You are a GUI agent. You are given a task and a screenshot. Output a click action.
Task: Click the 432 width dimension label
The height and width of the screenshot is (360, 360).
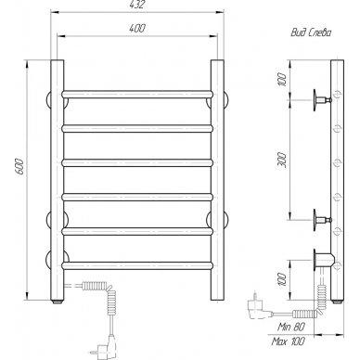(x=137, y=5)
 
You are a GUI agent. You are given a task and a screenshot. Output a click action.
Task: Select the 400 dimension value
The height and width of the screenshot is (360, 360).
(x=137, y=28)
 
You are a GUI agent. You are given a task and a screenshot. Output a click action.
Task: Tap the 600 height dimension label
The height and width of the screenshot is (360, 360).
(x=19, y=167)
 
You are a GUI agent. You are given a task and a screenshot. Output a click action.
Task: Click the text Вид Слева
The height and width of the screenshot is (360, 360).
(x=311, y=32)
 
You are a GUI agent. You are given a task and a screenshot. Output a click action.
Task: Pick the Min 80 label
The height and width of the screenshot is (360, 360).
(x=291, y=327)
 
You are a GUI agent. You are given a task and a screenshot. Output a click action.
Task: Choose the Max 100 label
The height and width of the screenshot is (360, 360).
(x=289, y=341)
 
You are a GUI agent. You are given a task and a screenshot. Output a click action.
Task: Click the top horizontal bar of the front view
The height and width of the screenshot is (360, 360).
(x=137, y=95)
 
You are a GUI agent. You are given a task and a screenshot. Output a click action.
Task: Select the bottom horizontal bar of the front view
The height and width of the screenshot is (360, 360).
(x=137, y=265)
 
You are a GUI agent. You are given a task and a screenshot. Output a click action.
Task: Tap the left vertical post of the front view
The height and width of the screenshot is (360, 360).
(x=58, y=180)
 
